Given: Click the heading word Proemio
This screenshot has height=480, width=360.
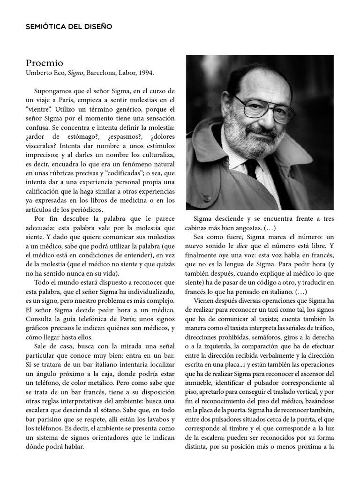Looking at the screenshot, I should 45,63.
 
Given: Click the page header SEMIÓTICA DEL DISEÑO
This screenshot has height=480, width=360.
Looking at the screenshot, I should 69,26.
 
